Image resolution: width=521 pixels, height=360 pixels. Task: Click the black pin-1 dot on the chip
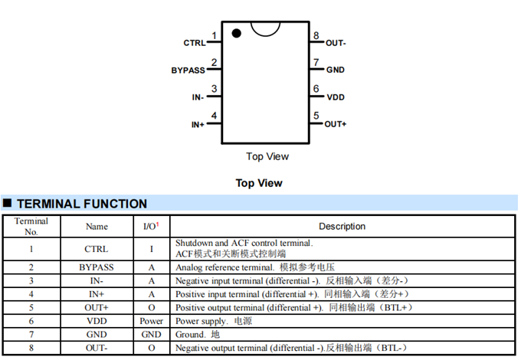(x=237, y=33)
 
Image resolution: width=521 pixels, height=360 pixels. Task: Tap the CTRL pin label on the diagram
(x=195, y=43)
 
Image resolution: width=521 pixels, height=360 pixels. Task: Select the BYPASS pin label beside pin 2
(x=188, y=70)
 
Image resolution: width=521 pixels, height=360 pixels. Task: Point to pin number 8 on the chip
(x=316, y=36)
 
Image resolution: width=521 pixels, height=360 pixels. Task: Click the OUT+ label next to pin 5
(x=336, y=124)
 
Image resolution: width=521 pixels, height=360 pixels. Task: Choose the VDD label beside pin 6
(x=336, y=97)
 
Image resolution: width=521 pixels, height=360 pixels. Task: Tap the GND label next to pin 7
(x=336, y=70)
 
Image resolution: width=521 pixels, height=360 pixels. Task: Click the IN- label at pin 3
(x=198, y=97)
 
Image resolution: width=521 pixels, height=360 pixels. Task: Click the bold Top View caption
(x=259, y=183)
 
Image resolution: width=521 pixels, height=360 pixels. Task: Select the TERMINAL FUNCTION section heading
(x=82, y=204)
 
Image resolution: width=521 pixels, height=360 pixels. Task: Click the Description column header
(x=342, y=227)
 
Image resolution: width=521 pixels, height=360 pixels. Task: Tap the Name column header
(x=97, y=227)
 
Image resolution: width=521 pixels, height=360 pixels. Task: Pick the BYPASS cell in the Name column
(x=97, y=268)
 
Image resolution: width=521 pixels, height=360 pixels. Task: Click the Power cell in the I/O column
(x=151, y=322)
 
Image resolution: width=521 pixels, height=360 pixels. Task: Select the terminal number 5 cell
(x=31, y=308)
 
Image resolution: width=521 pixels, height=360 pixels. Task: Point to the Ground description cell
(x=198, y=335)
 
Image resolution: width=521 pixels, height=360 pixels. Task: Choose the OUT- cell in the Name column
(x=97, y=349)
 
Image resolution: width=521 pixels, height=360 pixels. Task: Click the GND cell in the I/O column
(x=151, y=335)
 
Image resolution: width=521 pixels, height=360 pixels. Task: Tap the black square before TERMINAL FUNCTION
(x=8, y=204)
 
